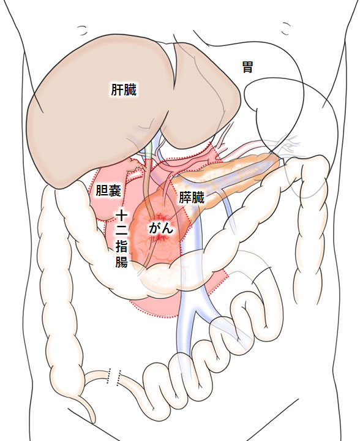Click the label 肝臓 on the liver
point(124,90)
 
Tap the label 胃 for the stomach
point(247,67)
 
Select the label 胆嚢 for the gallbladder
point(108,190)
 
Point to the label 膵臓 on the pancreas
point(192,198)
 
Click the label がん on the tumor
point(161,228)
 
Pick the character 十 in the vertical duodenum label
point(122,216)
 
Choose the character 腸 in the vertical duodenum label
point(122,262)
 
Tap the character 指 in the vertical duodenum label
point(122,246)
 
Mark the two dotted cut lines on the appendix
point(114,376)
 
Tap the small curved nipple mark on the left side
point(82,31)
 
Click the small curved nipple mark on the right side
point(286,29)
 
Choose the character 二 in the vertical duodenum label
point(122,231)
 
